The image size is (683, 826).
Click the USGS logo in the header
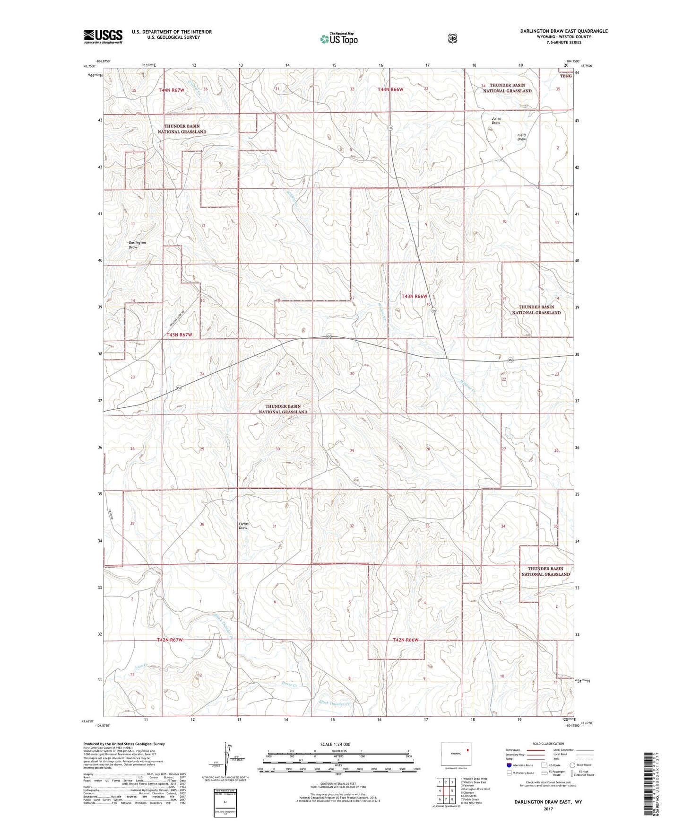pyautogui.click(x=103, y=36)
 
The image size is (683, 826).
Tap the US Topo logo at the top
pyautogui.click(x=338, y=39)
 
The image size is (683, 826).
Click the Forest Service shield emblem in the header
pyautogui.click(x=452, y=38)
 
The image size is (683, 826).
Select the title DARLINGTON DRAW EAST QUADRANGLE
pyautogui.click(x=563, y=31)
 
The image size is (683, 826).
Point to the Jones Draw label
pyautogui.click(x=496, y=121)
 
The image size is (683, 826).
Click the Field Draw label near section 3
pyautogui.click(x=521, y=137)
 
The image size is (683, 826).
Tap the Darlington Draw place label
pyautogui.click(x=137, y=245)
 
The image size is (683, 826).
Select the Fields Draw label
pyautogui.click(x=243, y=526)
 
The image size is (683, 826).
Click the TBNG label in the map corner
pyautogui.click(x=566, y=76)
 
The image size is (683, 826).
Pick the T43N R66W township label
pyautogui.click(x=417, y=296)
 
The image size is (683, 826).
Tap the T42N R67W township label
pyautogui.click(x=170, y=640)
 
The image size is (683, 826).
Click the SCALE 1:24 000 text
pyautogui.click(x=335, y=744)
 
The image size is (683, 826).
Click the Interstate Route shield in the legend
pyautogui.click(x=509, y=764)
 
